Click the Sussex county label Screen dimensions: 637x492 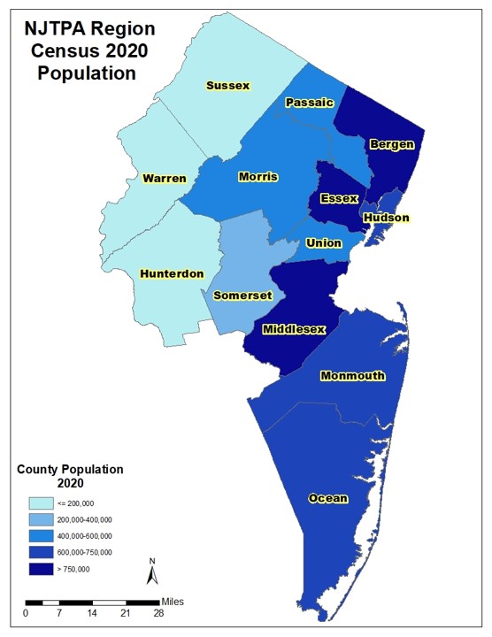coord(227,86)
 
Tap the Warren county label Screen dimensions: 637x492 coord(165,179)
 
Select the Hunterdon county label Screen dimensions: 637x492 coord(172,274)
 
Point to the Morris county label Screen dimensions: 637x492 coord(258,177)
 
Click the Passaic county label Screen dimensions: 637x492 coord(309,104)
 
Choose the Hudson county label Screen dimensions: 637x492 coord(386,218)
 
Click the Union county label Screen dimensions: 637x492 coord(324,242)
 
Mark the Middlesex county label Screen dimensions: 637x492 coord(295,329)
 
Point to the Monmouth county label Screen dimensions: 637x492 coord(352,375)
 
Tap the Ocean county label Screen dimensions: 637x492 coord(327,498)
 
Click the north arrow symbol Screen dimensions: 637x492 coord(151,572)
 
